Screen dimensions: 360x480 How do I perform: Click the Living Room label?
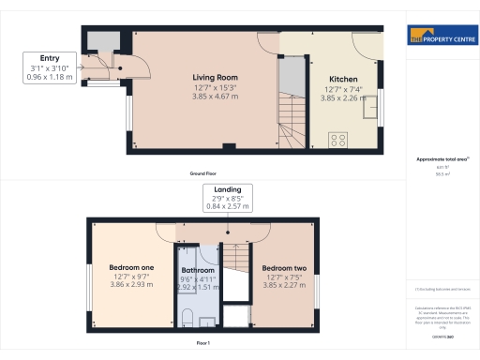click(x=216, y=78)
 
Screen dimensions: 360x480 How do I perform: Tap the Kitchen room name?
click(x=341, y=80)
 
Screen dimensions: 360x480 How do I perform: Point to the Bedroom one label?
click(x=132, y=267)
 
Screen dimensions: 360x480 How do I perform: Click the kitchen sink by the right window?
click(x=367, y=112)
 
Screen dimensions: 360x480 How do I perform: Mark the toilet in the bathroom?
click(x=187, y=314)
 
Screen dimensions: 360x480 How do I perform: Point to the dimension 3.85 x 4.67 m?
click(x=216, y=96)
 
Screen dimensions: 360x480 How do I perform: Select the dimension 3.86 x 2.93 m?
click(x=132, y=285)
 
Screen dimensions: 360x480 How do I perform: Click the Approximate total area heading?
click(x=441, y=159)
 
